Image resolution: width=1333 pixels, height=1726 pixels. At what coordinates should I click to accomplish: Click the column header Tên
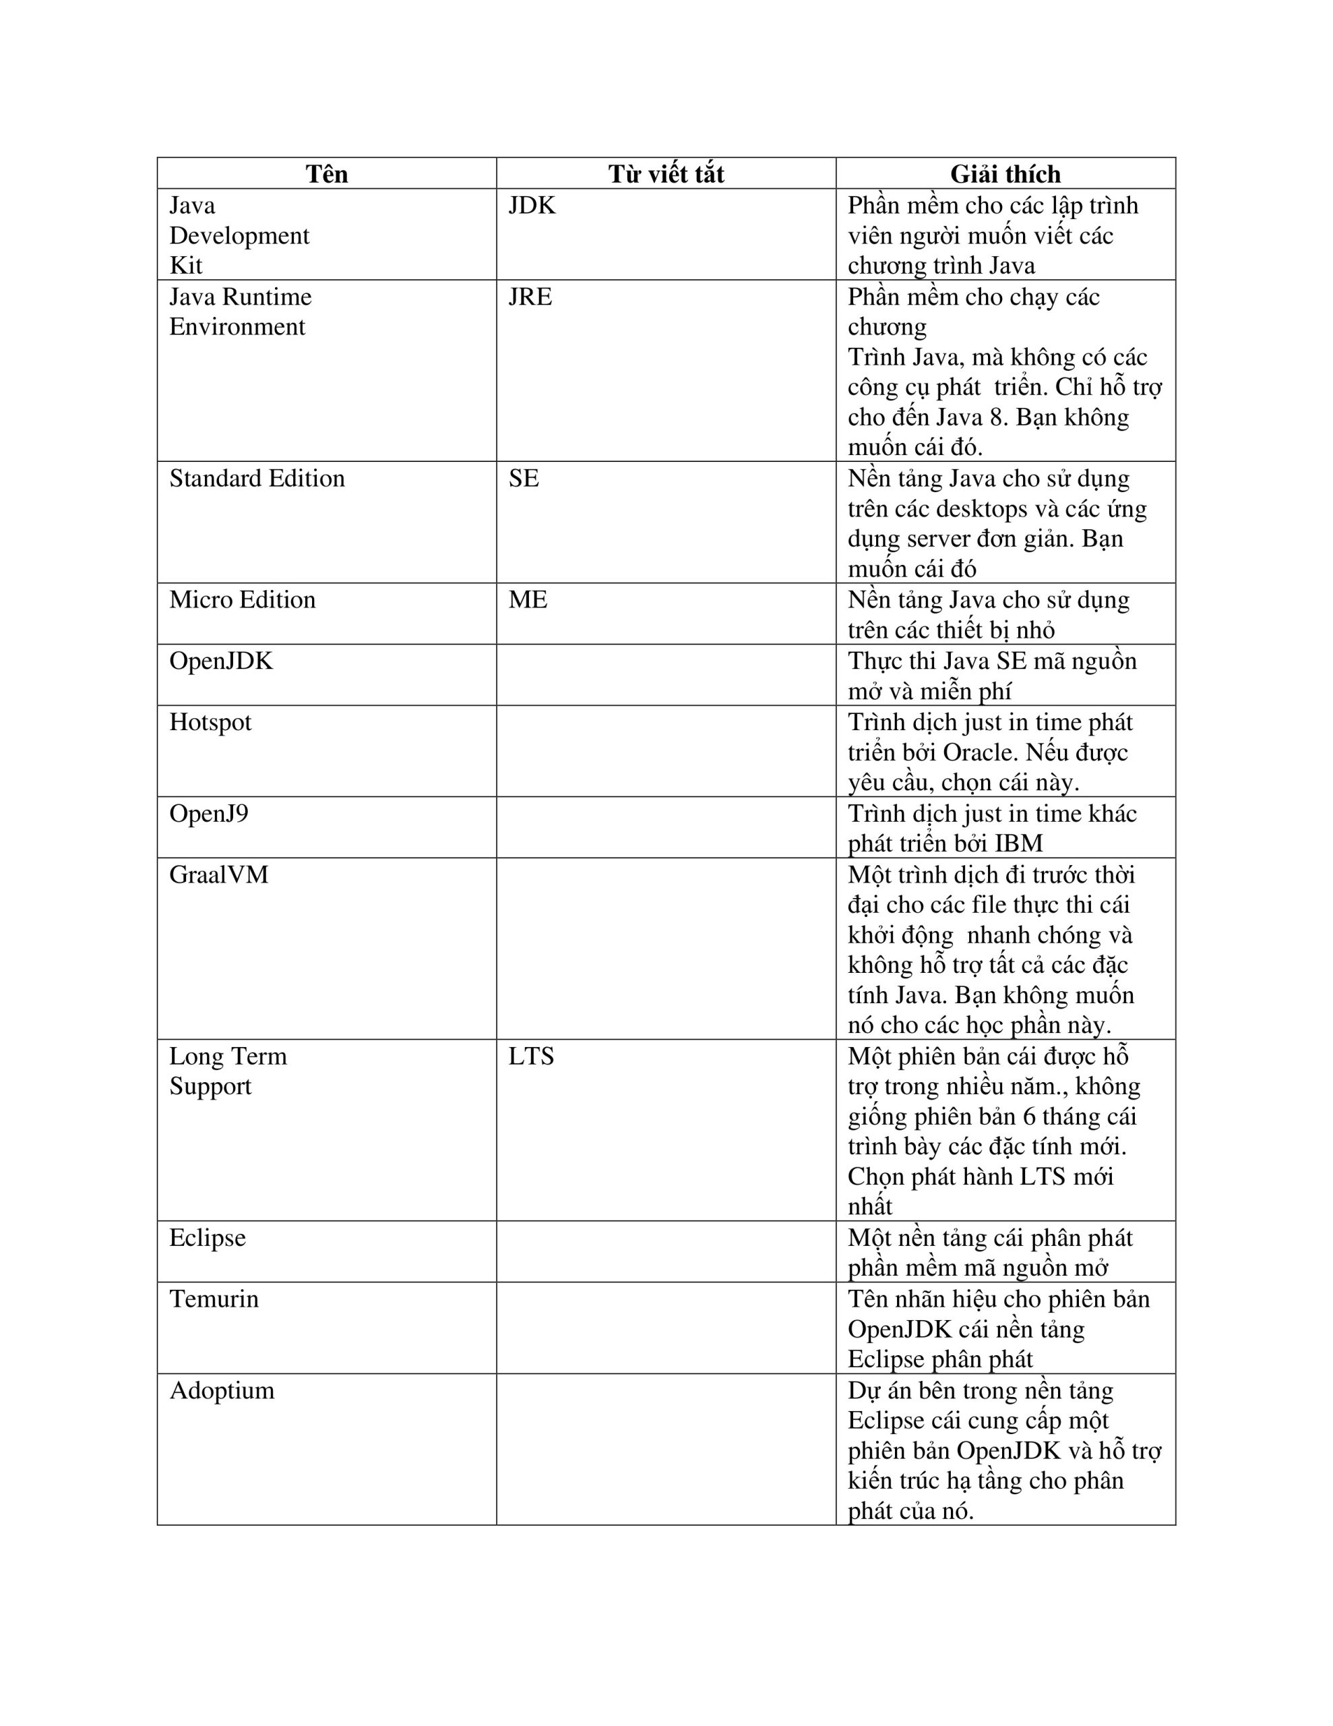point(326,174)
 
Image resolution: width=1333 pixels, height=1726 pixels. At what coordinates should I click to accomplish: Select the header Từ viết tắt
point(665,174)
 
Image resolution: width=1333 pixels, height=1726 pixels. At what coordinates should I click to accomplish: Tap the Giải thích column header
point(1004,174)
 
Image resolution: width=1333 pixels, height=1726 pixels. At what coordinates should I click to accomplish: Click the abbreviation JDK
point(532,206)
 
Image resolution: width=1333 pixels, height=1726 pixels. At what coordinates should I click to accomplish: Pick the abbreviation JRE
point(530,297)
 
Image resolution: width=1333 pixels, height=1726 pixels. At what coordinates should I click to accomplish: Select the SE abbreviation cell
point(524,479)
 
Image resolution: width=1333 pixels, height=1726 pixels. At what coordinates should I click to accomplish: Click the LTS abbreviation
point(531,1057)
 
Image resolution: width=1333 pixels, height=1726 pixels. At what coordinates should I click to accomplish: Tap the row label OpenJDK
point(221,661)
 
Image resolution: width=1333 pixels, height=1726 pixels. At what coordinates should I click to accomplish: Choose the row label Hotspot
point(210,722)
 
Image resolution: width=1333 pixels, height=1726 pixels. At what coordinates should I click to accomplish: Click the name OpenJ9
point(209,813)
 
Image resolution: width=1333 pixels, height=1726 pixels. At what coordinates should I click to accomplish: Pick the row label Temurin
point(214,1299)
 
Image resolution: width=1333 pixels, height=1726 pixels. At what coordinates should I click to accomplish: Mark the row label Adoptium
point(222,1390)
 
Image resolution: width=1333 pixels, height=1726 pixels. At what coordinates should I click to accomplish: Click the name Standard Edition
point(257,479)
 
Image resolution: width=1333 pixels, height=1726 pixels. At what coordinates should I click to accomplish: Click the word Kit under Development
point(186,266)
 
